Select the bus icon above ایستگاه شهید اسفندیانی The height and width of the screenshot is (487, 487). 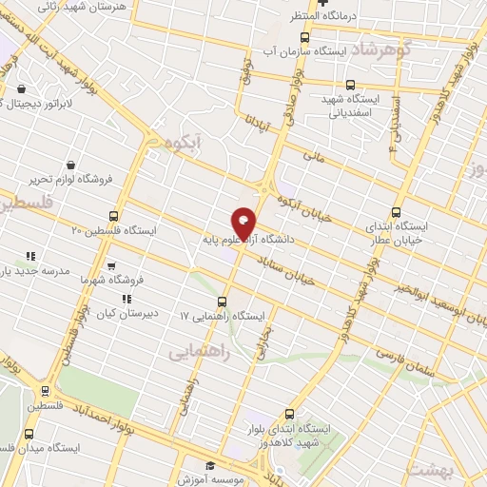(x=351, y=84)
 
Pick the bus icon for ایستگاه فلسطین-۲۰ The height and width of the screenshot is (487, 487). (x=114, y=216)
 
